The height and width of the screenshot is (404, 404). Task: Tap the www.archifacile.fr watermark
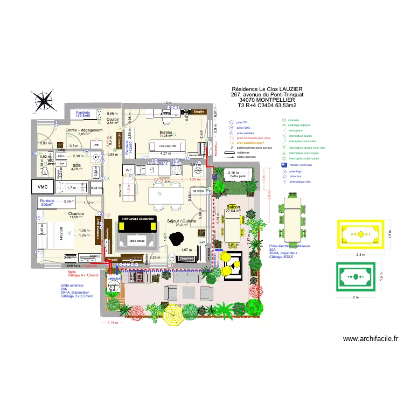click(370, 339)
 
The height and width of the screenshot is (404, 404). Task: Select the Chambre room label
click(76, 214)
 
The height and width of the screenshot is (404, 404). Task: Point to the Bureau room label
click(165, 132)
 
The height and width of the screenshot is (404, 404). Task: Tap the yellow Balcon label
click(233, 207)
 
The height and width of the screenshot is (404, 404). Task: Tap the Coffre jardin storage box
click(238, 176)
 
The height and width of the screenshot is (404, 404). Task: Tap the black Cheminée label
click(186, 259)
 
